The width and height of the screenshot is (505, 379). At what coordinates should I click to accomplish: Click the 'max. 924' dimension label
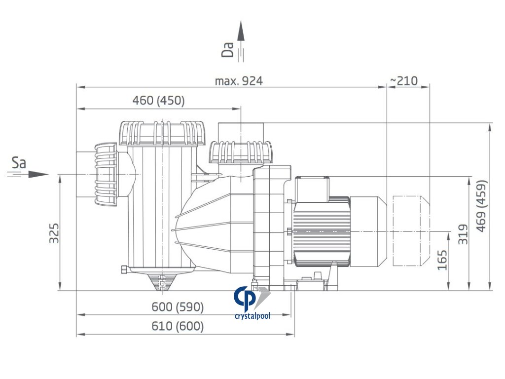[x=239, y=81]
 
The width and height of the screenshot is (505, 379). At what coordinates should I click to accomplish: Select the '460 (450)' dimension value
[x=158, y=101]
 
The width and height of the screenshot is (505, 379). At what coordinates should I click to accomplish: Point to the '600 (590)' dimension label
[x=178, y=307]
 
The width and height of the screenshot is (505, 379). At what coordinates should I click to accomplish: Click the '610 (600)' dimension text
[x=178, y=326]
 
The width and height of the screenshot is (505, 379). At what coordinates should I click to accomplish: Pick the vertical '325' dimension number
[x=54, y=233]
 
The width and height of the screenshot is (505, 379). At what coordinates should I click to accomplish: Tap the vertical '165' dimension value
[x=442, y=260]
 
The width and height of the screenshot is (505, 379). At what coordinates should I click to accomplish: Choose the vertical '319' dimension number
[x=463, y=234]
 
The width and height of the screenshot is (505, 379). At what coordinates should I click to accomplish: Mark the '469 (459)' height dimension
[x=481, y=206]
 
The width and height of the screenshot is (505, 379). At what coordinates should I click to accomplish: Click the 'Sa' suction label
[x=19, y=163]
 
